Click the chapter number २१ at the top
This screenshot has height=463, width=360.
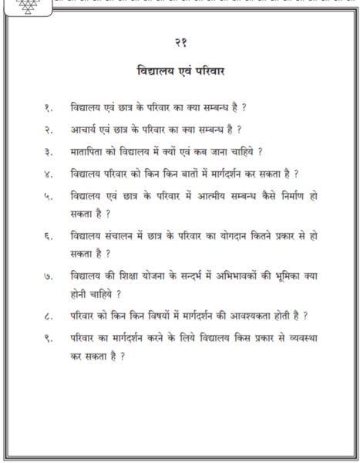(x=180, y=41)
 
